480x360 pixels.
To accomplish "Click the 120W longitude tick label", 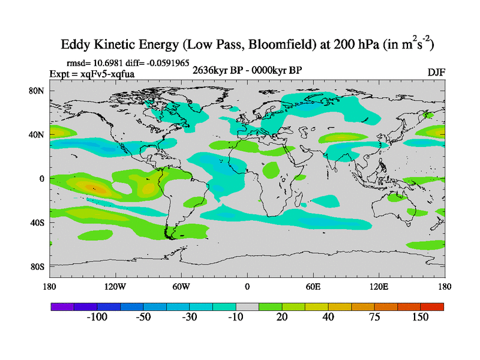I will click(115, 286).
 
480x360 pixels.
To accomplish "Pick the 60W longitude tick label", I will click(181, 286).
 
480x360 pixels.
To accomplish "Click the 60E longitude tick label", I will click(313, 286).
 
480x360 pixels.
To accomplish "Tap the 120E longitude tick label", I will click(379, 286).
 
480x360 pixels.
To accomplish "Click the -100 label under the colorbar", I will click(97, 317).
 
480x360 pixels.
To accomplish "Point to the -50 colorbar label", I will click(143, 317).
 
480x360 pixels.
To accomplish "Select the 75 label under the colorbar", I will click(374, 317).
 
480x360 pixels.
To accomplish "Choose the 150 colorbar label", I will click(421, 317).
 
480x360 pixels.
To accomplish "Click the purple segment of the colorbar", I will click(62, 307).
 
